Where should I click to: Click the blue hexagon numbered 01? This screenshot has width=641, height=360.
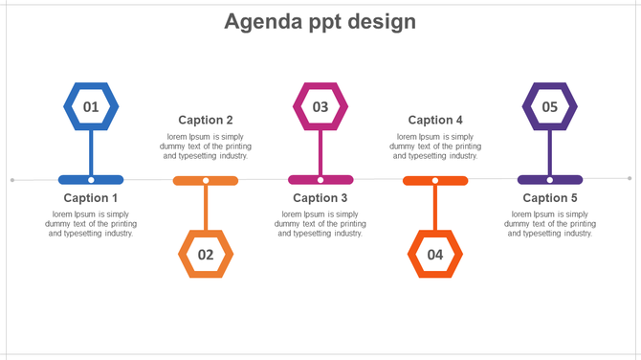click(91, 107)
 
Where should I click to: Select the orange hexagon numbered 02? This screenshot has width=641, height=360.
click(206, 255)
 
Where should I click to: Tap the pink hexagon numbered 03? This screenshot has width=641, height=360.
click(320, 107)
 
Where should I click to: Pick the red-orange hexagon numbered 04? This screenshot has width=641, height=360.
click(435, 255)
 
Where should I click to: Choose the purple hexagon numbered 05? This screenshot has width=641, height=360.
click(550, 107)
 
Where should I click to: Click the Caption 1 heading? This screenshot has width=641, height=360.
click(91, 198)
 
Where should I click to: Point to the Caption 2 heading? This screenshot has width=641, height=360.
click(206, 120)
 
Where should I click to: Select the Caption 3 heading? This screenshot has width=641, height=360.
click(320, 198)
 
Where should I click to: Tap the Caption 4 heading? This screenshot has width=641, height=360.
click(435, 120)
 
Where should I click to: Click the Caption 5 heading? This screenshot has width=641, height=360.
click(550, 198)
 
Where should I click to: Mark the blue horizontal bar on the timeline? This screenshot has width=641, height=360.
click(72, 179)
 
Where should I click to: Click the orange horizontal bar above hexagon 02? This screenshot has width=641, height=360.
click(225, 180)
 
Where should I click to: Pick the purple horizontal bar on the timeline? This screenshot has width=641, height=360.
click(569, 179)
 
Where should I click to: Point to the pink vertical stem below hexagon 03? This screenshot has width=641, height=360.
click(320, 151)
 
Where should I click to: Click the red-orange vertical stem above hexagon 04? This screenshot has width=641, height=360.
click(435, 207)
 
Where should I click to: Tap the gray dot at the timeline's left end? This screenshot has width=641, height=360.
click(11, 179)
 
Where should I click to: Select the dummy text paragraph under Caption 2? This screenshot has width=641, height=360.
click(206, 146)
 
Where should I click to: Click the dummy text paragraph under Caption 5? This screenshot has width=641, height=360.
click(550, 223)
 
